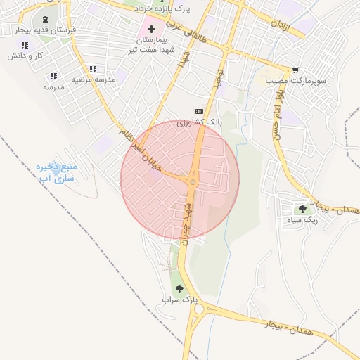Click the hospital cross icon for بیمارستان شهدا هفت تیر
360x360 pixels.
tap(151, 28)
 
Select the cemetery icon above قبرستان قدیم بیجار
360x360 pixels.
tap(46, 19)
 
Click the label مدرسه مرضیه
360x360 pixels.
tap(91, 79)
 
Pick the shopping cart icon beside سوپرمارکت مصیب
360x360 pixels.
tap(295, 70)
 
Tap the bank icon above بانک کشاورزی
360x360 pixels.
tap(199, 111)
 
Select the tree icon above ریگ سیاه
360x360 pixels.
tap(302, 208)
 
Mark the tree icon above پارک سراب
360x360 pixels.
tap(179, 288)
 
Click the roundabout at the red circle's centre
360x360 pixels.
tap(191, 181)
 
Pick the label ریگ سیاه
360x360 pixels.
tap(302, 219)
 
